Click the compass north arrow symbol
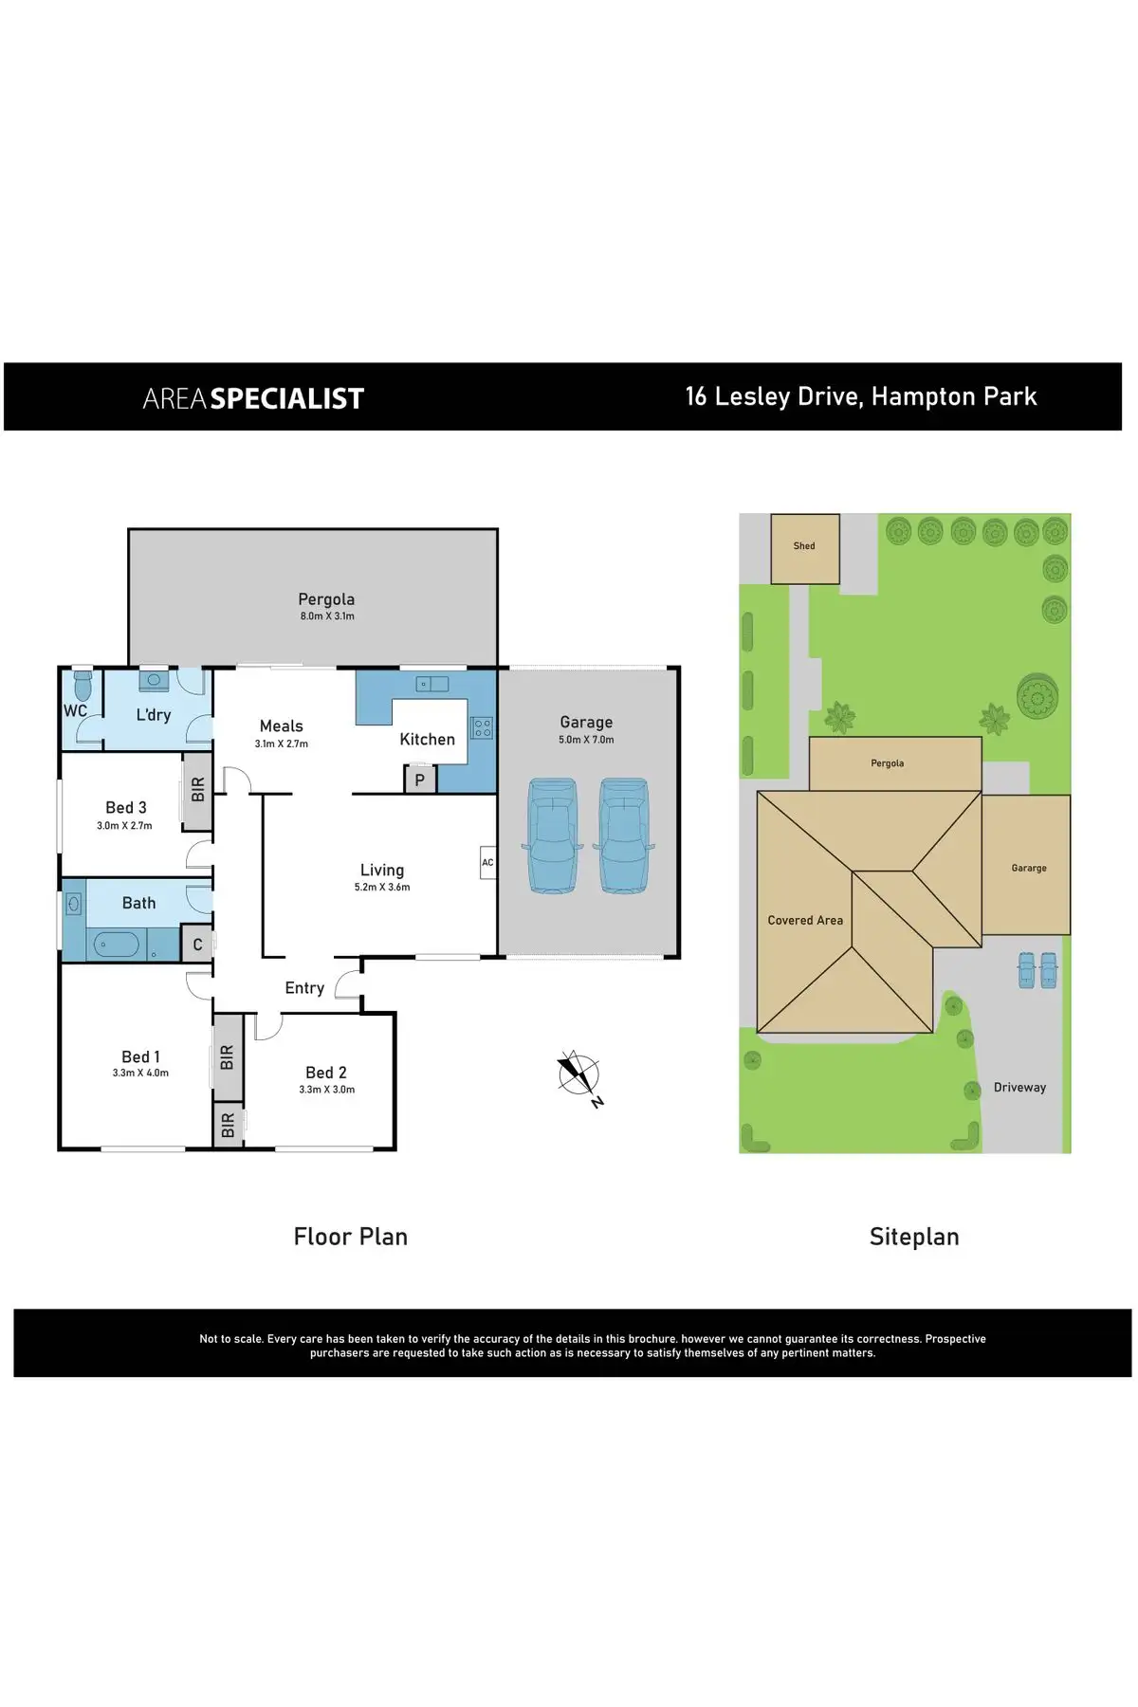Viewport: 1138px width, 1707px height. point(578,1074)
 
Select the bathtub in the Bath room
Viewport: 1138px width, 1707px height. point(116,945)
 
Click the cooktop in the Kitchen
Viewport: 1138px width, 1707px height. point(483,728)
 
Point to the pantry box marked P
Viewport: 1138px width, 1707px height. point(420,780)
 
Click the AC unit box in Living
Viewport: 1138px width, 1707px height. point(487,862)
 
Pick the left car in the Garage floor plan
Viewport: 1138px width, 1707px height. point(552,835)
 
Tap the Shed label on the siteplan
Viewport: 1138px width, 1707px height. point(804,546)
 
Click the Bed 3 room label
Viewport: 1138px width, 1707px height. point(126,808)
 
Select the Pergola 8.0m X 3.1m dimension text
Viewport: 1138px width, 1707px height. point(327,616)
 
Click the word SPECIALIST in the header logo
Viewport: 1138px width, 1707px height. point(286,399)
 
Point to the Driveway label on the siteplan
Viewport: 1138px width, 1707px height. point(1019,1088)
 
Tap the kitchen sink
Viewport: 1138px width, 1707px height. point(432,684)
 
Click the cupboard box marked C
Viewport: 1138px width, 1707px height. point(197,945)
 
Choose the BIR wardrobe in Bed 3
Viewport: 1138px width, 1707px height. point(197,789)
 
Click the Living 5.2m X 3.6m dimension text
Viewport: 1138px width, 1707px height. point(382,888)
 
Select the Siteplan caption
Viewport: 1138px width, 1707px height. point(914,1237)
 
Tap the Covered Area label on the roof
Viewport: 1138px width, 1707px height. point(805,920)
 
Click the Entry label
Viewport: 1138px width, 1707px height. point(304,988)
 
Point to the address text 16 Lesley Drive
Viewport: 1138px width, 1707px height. point(773,396)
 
